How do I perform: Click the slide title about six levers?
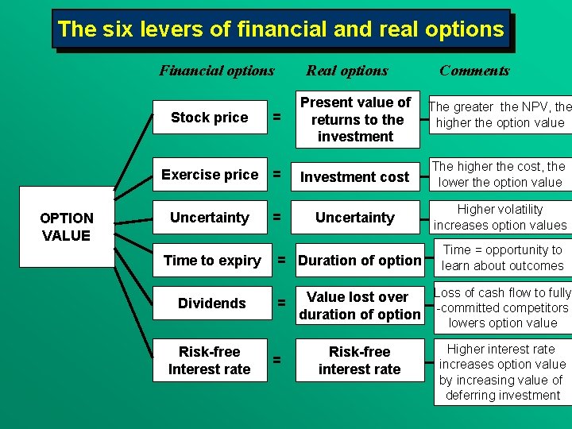point(280,29)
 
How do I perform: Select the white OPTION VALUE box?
point(67,227)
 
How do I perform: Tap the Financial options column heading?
point(216,71)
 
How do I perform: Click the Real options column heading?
point(347,71)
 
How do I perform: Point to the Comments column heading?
point(474,71)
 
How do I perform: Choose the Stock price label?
point(210,118)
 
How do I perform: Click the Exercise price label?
point(210,175)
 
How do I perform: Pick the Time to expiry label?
point(212,261)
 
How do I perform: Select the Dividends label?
point(212,303)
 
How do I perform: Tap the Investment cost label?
point(355,176)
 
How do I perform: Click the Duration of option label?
point(360,261)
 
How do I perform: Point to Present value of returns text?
point(356,119)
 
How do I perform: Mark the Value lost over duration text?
point(359,305)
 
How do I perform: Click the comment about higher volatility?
point(500,217)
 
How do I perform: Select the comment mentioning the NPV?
point(500,114)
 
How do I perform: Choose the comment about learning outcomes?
point(502,257)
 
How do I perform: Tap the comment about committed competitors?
point(502,307)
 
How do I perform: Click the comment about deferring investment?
point(502,373)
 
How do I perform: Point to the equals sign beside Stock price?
point(276,118)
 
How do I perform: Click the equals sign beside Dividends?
point(281,303)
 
